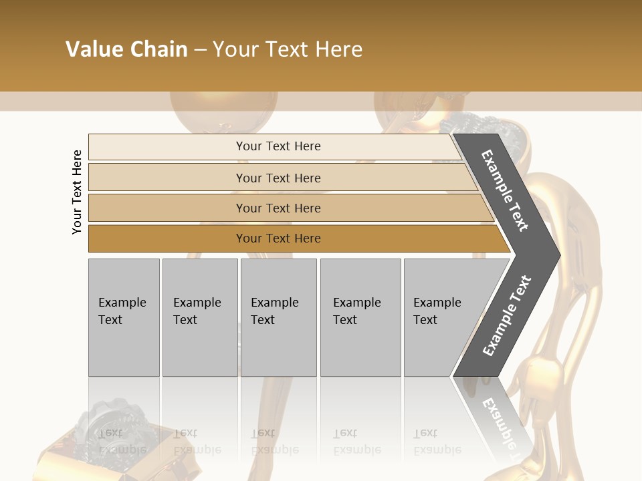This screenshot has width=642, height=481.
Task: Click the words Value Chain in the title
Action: (126, 49)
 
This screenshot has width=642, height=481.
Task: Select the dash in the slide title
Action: (200, 50)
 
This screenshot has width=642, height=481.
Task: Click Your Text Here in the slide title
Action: (288, 49)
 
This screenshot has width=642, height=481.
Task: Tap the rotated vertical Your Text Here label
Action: (77, 192)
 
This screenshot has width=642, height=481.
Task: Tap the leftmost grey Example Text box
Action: (124, 317)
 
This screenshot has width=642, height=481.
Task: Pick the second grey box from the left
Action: (200, 317)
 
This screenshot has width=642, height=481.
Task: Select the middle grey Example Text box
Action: (278, 317)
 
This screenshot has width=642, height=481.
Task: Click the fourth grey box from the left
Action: (360, 317)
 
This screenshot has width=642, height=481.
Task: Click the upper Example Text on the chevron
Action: (505, 190)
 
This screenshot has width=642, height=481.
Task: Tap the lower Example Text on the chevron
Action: (507, 315)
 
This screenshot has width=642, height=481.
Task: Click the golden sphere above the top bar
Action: (223, 107)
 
